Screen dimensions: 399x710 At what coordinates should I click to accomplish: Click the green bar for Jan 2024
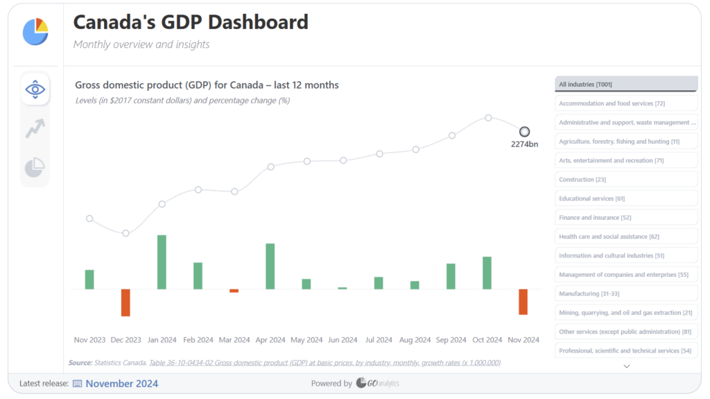[x=162, y=262]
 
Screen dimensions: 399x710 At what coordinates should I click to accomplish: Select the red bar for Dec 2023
[x=125, y=303]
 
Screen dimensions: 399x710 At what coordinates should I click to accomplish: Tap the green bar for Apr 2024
[x=270, y=266]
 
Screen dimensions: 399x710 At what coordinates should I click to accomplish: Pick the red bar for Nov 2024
[x=523, y=302]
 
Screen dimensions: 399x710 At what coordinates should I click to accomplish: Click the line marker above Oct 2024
[x=488, y=118]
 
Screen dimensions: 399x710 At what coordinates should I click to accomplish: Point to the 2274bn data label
[x=524, y=144]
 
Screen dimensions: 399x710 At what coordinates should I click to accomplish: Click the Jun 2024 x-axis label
[x=343, y=340]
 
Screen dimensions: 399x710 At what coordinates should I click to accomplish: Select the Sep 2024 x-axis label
[x=451, y=340]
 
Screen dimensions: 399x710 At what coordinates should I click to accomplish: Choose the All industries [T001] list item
[x=626, y=84]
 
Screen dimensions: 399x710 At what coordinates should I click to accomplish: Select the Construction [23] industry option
[x=626, y=180]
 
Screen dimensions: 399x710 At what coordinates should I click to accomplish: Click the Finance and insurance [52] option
[x=626, y=218]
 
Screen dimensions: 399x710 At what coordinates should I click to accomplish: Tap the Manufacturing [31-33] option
[x=626, y=294]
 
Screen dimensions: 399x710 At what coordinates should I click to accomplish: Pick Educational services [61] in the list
[x=626, y=198]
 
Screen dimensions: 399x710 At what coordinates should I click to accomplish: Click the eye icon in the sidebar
[x=35, y=89]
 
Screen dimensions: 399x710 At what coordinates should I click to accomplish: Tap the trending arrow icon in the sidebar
[x=35, y=128]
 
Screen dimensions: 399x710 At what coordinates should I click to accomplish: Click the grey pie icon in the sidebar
[x=35, y=167]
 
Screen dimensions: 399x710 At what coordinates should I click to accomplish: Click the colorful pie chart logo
[x=35, y=31]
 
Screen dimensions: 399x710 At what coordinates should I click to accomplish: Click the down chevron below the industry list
[x=626, y=366]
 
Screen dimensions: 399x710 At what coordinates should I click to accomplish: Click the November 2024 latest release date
[x=121, y=384]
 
